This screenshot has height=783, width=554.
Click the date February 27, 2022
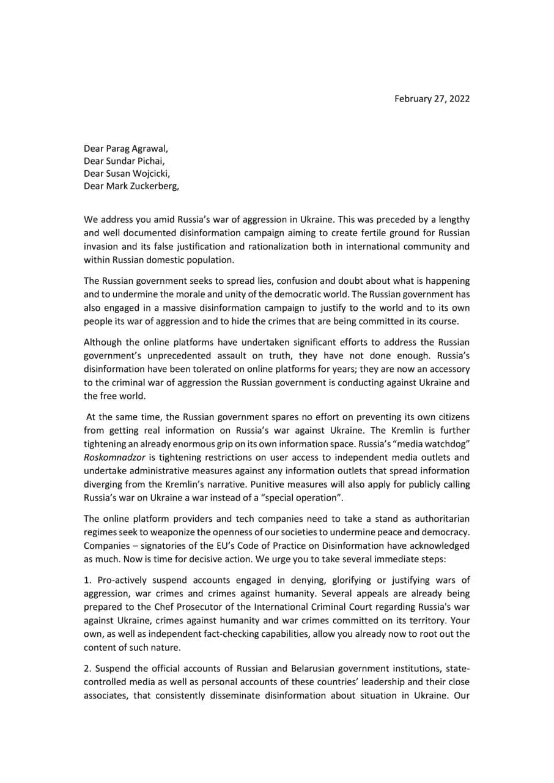(432, 99)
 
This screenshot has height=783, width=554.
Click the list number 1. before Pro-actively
(88, 580)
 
